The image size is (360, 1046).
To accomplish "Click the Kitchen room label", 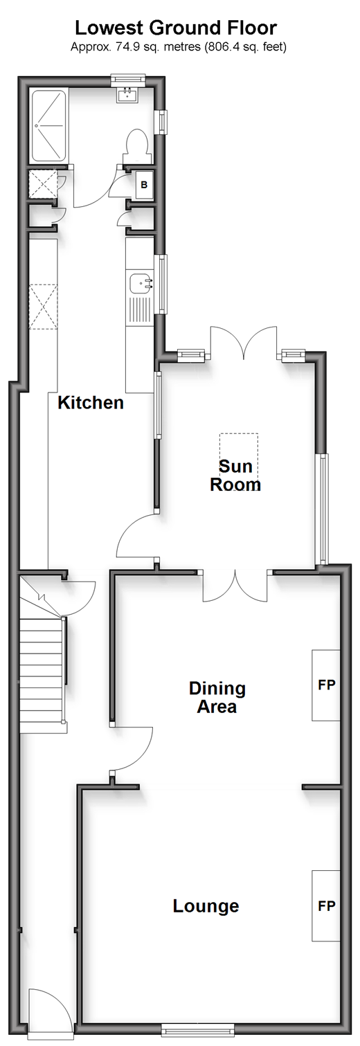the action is [x=91, y=402].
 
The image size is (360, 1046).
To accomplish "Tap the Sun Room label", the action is [x=235, y=476].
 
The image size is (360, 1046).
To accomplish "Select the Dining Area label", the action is [x=217, y=697].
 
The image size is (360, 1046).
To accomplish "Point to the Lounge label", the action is [x=206, y=906].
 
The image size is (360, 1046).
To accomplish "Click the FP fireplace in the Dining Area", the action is [x=326, y=685].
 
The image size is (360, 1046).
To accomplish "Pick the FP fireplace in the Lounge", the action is [x=326, y=906].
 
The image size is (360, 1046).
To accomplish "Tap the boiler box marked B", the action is [x=144, y=185].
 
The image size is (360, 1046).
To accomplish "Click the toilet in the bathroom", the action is [x=138, y=146].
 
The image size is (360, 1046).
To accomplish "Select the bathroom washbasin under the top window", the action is [x=127, y=96].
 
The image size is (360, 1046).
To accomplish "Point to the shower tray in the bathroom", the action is [x=48, y=125].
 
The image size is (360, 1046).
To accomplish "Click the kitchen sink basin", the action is [x=140, y=284].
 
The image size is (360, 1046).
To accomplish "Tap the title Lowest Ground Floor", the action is [x=176, y=28].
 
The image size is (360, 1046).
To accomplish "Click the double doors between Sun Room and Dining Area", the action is [x=235, y=585].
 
